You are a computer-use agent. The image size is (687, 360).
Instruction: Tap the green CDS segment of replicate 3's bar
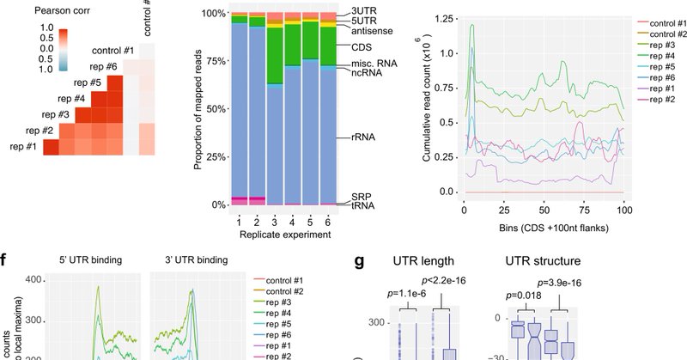pyautogui.click(x=275, y=59)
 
